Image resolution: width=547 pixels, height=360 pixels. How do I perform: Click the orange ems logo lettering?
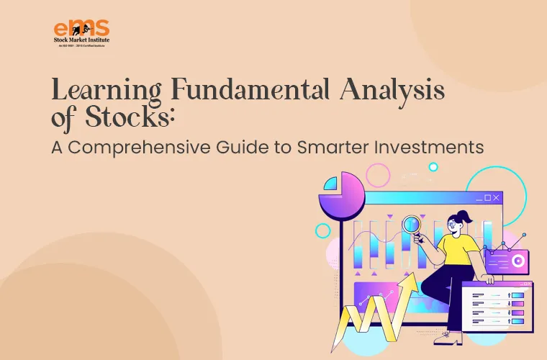(81, 29)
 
